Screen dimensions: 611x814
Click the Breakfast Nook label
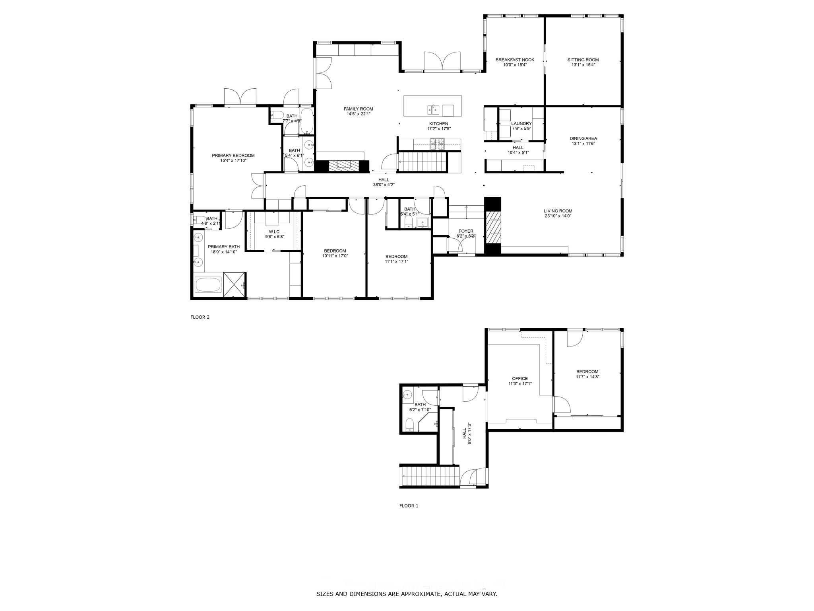[515, 60]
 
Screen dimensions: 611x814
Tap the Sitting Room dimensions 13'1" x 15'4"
[583, 65]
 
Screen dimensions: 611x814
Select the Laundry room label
[521, 124]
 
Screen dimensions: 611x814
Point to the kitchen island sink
[432, 109]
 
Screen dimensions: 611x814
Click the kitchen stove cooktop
[437, 144]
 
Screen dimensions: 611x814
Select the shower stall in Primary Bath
[235, 284]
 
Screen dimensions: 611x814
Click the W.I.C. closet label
[275, 232]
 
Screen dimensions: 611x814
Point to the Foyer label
[466, 231]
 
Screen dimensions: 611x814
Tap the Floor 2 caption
[200, 317]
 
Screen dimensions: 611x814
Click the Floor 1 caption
[409, 506]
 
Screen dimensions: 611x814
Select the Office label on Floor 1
[519, 379]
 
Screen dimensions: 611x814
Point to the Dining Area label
[583, 138]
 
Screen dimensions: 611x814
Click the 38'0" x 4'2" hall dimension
[384, 185]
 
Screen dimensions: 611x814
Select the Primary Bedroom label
[233, 156]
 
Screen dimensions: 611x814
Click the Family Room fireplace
[342, 166]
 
